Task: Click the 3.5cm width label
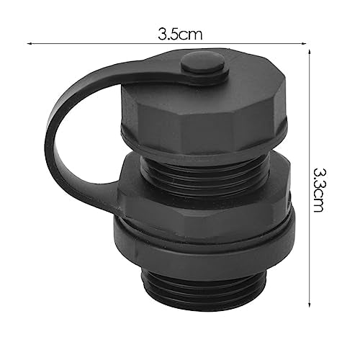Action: (179, 33)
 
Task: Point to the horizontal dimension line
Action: (108, 44)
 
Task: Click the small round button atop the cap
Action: (204, 64)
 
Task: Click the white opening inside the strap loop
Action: (86, 144)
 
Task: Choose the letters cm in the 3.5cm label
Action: (192, 33)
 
